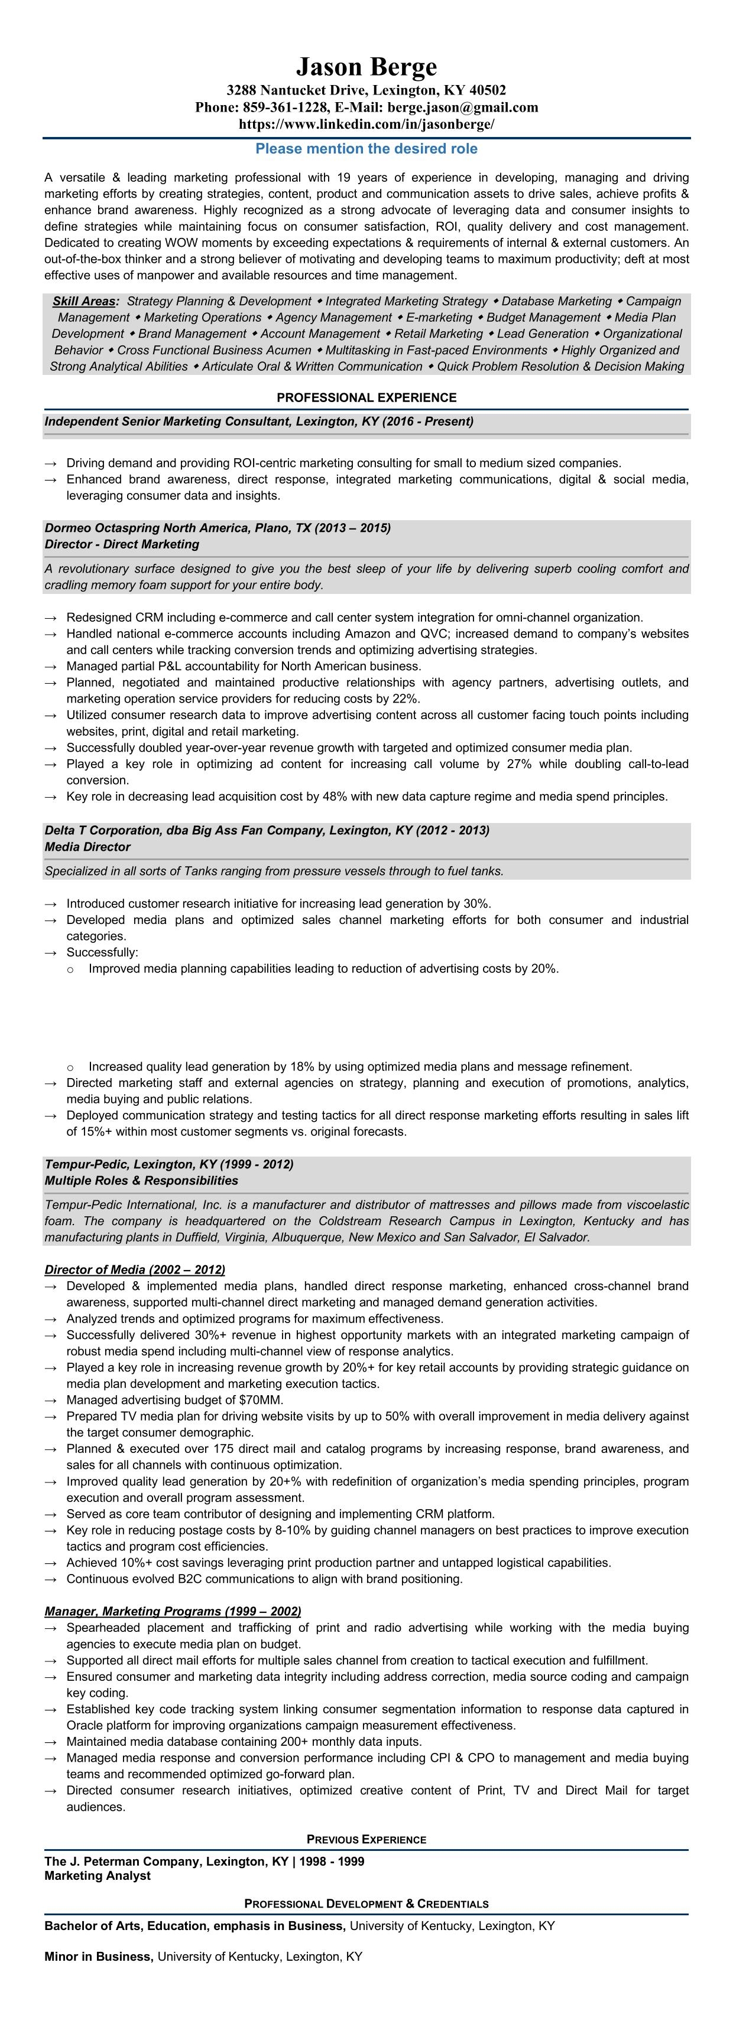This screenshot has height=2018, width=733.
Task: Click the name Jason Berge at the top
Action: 366,67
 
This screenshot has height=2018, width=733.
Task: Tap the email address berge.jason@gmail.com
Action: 462,107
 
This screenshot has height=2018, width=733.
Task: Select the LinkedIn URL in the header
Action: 366,124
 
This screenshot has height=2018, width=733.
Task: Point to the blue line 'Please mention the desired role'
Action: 366,149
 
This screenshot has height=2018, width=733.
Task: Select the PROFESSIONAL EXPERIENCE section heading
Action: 366,398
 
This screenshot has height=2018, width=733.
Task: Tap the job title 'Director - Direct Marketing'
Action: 122,544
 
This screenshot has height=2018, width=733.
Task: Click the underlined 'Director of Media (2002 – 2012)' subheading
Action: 135,1269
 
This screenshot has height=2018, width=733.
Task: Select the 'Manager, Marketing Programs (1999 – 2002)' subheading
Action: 173,1611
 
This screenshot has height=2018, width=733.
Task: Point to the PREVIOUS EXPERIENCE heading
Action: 366,1839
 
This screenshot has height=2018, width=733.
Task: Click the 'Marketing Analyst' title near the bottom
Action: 97,1876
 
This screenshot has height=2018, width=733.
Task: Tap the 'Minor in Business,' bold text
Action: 99,1956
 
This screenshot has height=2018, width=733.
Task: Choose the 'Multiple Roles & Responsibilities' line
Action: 141,1181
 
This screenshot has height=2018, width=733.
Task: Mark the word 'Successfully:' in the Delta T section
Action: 102,952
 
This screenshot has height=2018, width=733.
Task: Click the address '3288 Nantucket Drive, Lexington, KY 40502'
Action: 366,90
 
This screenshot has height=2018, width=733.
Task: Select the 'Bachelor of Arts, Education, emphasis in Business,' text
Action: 194,1925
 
